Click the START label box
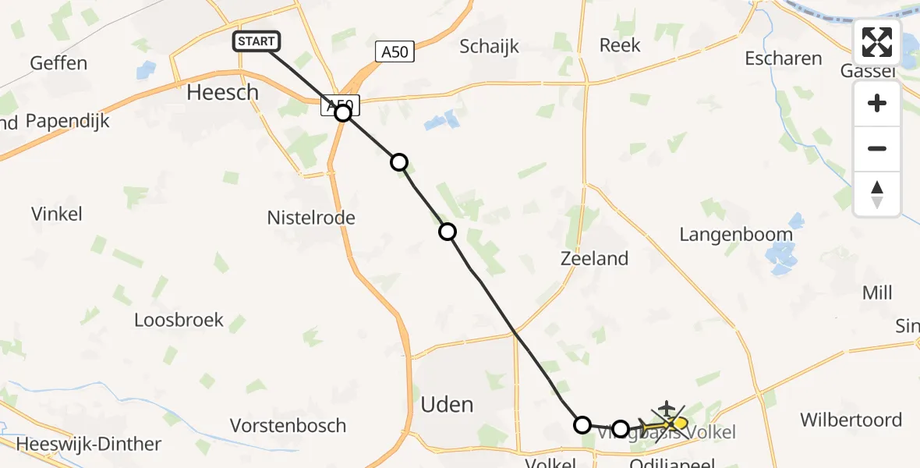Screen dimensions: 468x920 click(x=257, y=41)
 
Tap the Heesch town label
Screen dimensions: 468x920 click(x=222, y=93)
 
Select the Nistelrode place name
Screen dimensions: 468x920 click(x=311, y=218)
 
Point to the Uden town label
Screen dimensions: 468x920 click(x=447, y=405)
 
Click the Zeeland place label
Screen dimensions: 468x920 click(x=594, y=258)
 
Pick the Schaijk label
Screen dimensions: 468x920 click(x=490, y=46)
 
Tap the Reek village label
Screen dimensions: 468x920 click(x=620, y=45)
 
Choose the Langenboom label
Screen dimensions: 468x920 click(x=736, y=235)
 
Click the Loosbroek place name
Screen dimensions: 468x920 click(x=179, y=320)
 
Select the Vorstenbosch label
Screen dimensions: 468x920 click(x=288, y=426)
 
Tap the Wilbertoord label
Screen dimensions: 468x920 click(x=851, y=420)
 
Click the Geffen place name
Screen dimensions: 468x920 click(x=58, y=63)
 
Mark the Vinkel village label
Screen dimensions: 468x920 click(x=57, y=214)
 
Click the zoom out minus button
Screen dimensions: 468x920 click(x=877, y=148)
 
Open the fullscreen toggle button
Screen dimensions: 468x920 click(x=877, y=42)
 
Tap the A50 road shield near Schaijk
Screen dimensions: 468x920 click(x=394, y=52)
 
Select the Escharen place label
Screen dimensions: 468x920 click(x=783, y=58)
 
